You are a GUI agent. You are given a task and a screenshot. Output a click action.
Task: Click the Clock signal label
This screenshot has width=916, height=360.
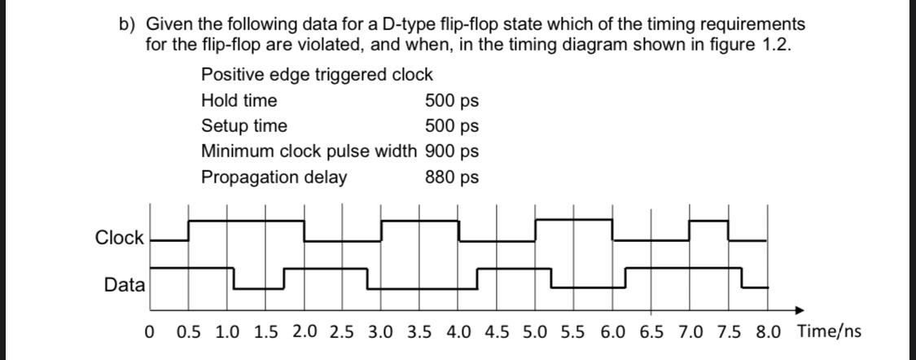pyautogui.click(x=120, y=238)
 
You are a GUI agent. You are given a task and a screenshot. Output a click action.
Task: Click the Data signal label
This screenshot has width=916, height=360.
pyautogui.click(x=125, y=285)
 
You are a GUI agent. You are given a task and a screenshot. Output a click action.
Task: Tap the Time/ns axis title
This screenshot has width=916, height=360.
pyautogui.click(x=829, y=331)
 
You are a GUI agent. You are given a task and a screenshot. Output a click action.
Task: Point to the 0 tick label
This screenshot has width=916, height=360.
pyautogui.click(x=148, y=332)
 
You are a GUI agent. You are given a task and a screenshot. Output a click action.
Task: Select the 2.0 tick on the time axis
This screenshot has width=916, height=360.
pyautogui.click(x=305, y=332)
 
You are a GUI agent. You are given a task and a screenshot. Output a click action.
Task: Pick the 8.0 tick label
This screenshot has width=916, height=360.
pyautogui.click(x=768, y=332)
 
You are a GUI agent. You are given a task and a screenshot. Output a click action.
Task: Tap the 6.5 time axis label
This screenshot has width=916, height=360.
pyautogui.click(x=651, y=332)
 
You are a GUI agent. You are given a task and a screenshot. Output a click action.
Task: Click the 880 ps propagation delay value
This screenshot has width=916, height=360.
pyautogui.click(x=451, y=177)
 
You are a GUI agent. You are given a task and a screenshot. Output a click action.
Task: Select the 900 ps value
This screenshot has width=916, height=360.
pyautogui.click(x=451, y=151)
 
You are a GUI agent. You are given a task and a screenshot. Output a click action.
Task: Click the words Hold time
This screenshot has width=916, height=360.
pyautogui.click(x=239, y=101)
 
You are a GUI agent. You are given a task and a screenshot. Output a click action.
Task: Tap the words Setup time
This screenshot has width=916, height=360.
pyautogui.click(x=244, y=126)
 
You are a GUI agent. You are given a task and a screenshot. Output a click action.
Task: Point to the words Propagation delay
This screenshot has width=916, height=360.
pyautogui.click(x=274, y=177)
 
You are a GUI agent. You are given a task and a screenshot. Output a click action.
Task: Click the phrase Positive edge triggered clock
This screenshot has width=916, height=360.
pyautogui.click(x=317, y=75)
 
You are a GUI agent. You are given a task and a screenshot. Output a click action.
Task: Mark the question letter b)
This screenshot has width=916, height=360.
pyautogui.click(x=126, y=25)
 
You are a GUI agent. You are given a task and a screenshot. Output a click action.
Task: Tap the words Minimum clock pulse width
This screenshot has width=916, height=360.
pyautogui.click(x=309, y=151)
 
